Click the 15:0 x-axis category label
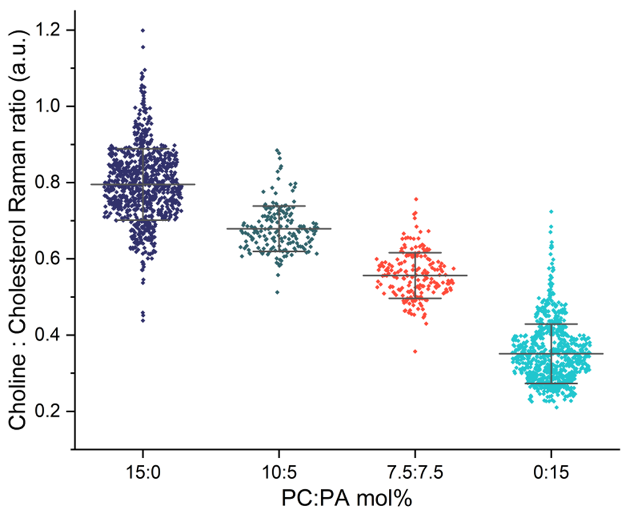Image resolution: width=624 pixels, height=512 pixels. (143, 471)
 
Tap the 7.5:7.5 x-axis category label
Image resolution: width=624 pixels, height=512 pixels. (415, 471)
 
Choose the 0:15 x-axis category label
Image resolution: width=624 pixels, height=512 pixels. (551, 471)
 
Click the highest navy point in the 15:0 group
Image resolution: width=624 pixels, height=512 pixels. (143, 30)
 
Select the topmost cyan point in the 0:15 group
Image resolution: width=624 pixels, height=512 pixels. (551, 211)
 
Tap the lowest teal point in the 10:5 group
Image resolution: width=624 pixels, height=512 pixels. (277, 291)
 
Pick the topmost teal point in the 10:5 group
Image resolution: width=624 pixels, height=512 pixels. (277, 151)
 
